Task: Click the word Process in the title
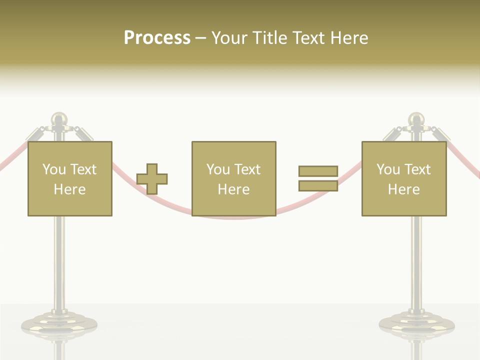(157, 37)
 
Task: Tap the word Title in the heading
(268, 37)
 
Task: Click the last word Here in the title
(349, 37)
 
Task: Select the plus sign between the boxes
(152, 178)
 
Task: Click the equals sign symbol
(318, 178)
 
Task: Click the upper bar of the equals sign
(318, 171)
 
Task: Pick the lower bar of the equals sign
(318, 185)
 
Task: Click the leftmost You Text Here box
(69, 178)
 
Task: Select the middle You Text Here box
(233, 178)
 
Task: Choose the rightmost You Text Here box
(403, 178)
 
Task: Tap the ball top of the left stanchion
(59, 119)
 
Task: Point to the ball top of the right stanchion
(416, 119)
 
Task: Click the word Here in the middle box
(233, 189)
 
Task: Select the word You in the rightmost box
(388, 169)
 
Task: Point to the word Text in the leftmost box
(83, 169)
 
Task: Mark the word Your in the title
(229, 37)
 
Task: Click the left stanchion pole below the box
(59, 260)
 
